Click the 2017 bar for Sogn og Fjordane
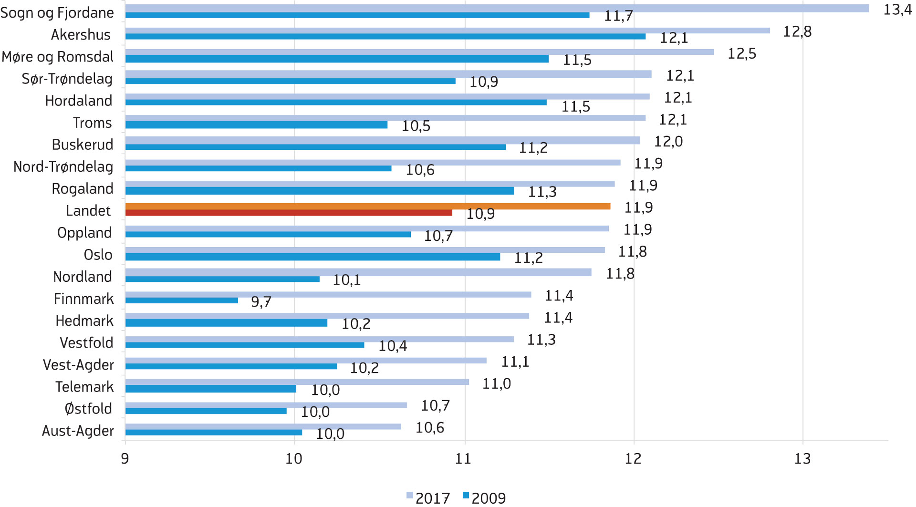coord(496,8)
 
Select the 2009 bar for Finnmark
coord(181,300)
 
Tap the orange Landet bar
coord(367,206)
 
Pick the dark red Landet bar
coord(289,213)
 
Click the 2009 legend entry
coord(484,498)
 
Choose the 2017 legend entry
coord(428,498)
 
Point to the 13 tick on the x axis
coord(802,459)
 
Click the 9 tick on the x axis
coord(125,459)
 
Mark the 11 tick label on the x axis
coord(463,459)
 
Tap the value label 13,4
coord(897,10)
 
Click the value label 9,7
coord(261,302)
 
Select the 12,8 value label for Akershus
coord(797,31)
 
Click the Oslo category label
coord(98,255)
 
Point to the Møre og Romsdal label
coord(58,57)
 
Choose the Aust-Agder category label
coord(78,431)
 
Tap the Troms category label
coord(92,123)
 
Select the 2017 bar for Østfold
coord(266,405)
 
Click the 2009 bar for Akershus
coord(385,37)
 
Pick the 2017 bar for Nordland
coord(358,272)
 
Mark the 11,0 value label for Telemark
coord(496,384)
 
